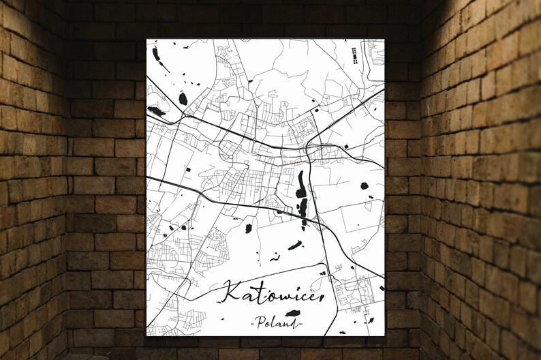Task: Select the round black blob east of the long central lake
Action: (363, 185)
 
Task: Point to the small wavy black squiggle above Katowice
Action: (275, 258)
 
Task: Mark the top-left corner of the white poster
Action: (146, 39)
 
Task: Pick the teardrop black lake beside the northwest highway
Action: (183, 99)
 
